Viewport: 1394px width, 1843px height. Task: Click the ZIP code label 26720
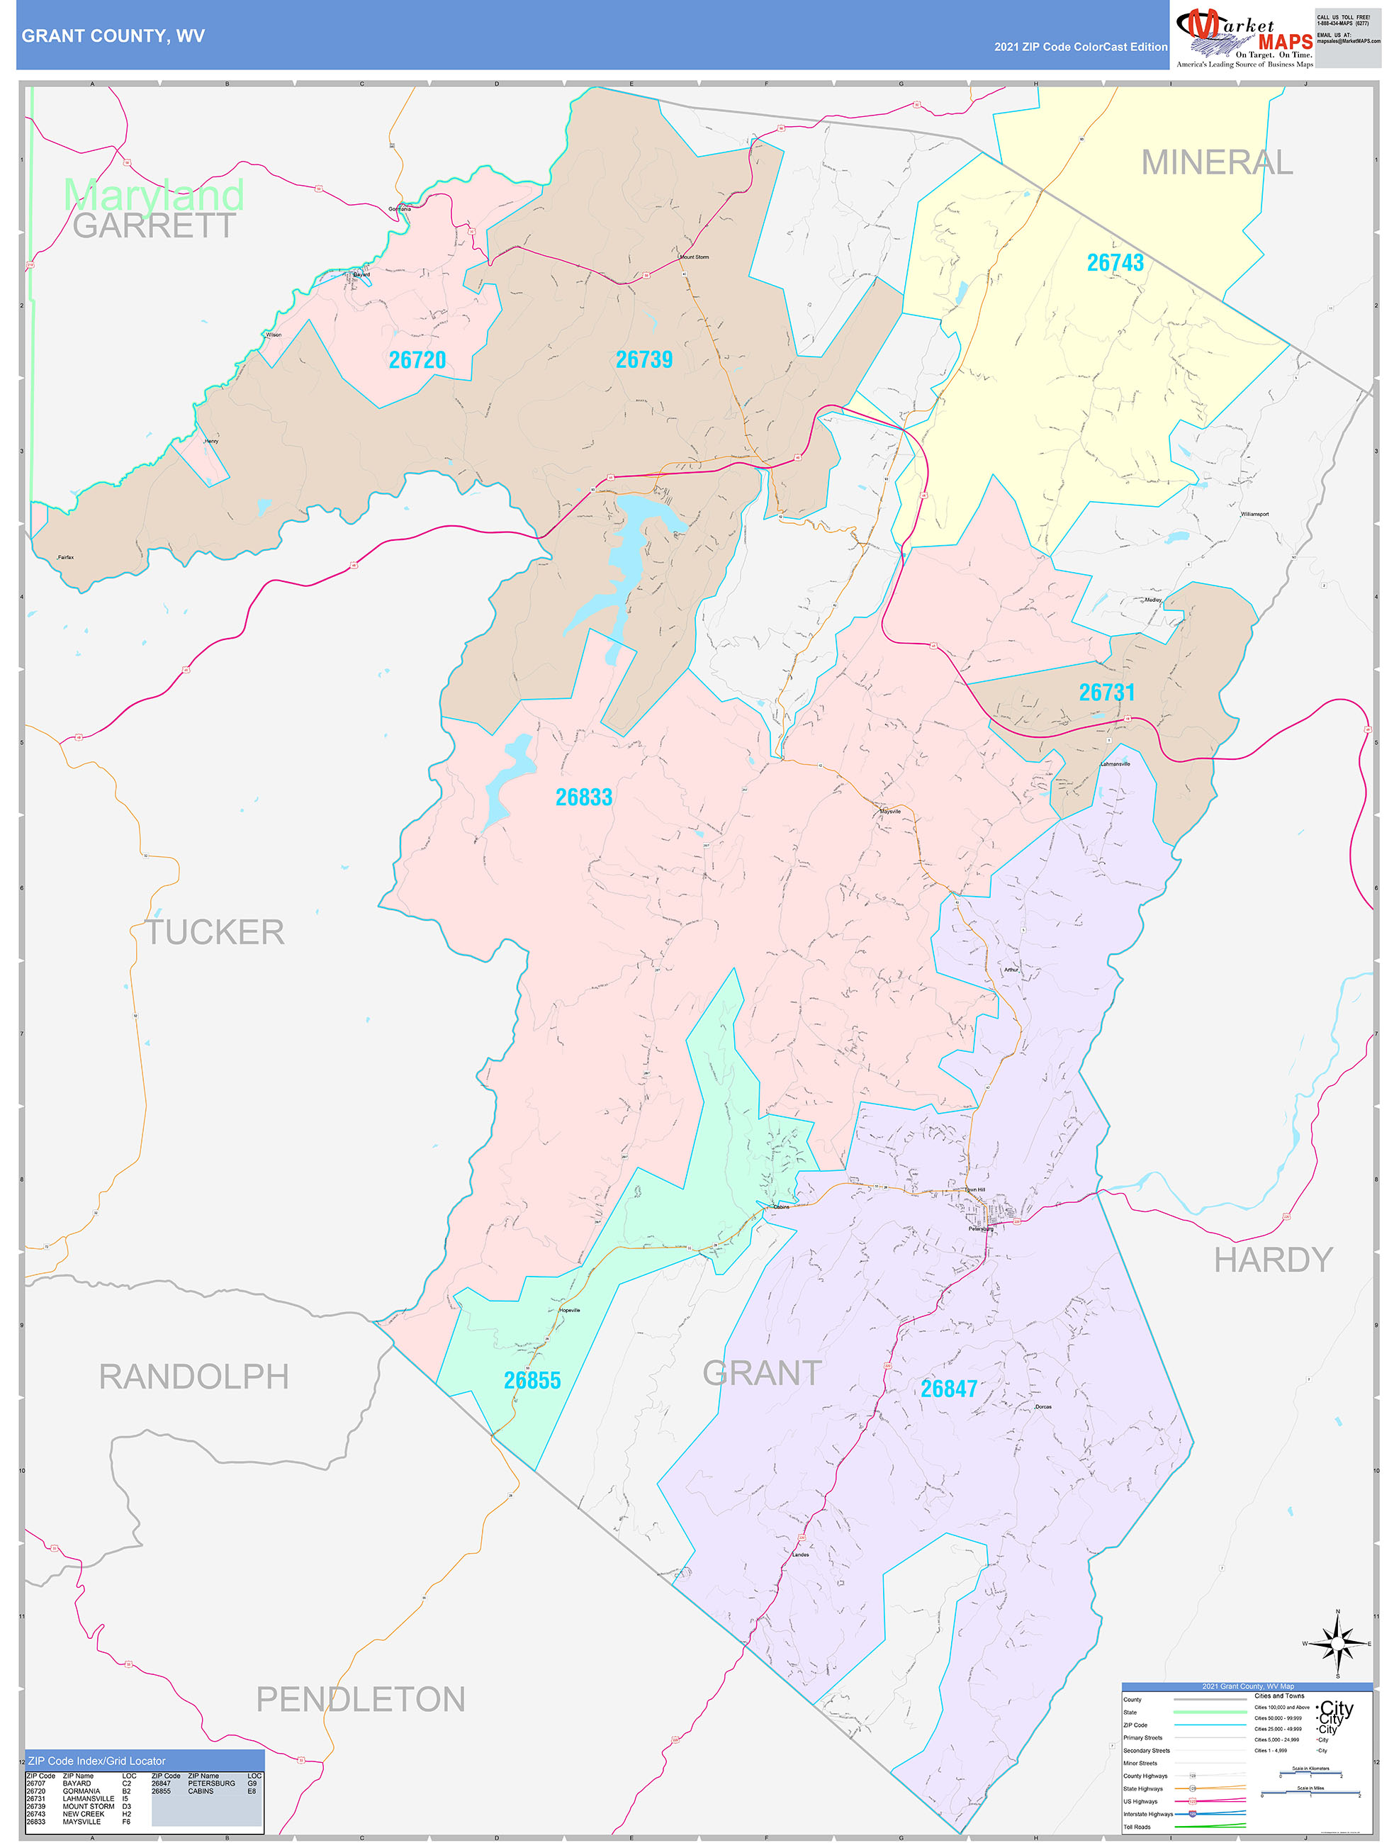417,360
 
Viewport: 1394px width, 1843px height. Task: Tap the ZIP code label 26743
1115,262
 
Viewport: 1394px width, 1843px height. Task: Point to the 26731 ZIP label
1106,693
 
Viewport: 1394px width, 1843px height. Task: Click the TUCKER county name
215,932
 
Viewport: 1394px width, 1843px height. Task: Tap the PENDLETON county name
360,1699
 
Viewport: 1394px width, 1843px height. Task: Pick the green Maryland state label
154,194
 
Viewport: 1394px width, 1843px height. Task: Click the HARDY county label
1272,1260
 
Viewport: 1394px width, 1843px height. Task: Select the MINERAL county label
1217,162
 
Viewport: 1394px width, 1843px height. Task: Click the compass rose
1337,1643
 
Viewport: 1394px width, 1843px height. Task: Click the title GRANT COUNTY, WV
113,36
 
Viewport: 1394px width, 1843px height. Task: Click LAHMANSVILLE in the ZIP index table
89,1798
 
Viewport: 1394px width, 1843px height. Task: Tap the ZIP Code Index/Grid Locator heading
96,1761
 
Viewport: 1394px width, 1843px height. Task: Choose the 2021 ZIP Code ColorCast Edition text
1080,47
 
